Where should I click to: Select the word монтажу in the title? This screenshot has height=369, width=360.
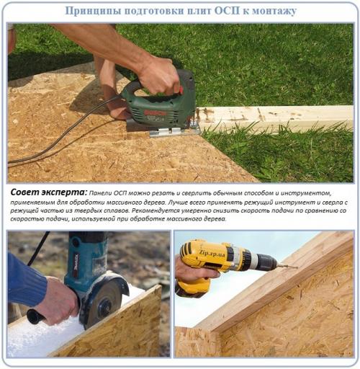click(270, 12)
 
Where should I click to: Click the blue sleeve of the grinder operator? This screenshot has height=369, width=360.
click(22, 277)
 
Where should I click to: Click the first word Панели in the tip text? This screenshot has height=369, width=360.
click(105, 193)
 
